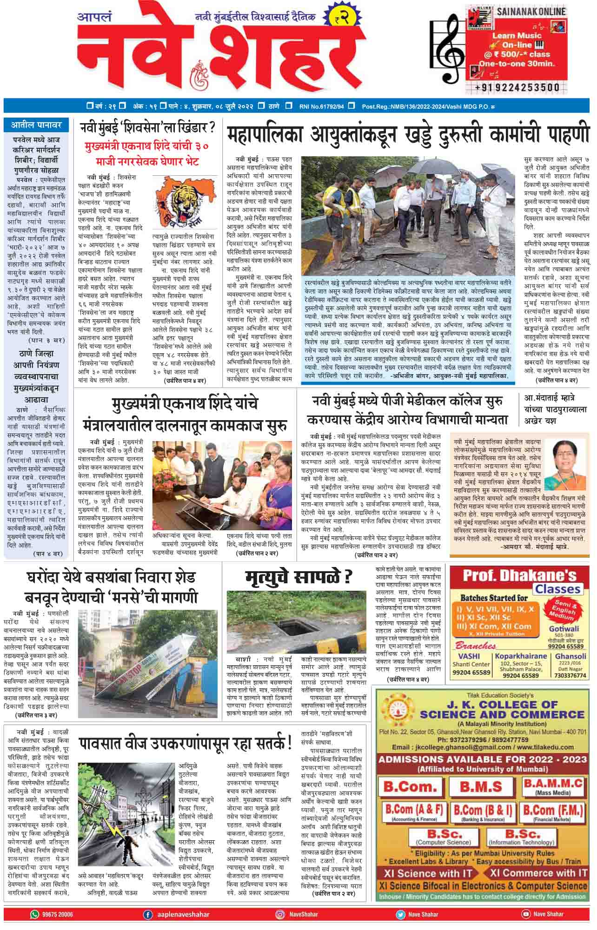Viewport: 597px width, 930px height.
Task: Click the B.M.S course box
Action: click(x=481, y=786)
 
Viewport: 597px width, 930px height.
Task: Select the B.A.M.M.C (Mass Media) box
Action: click(x=553, y=786)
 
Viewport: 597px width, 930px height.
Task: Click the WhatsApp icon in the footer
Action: click(x=34, y=914)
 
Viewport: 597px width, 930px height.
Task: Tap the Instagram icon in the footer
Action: click(x=280, y=914)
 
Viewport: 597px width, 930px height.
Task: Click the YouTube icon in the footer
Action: click(x=526, y=914)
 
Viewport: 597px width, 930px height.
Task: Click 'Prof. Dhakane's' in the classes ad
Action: click(x=519, y=576)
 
